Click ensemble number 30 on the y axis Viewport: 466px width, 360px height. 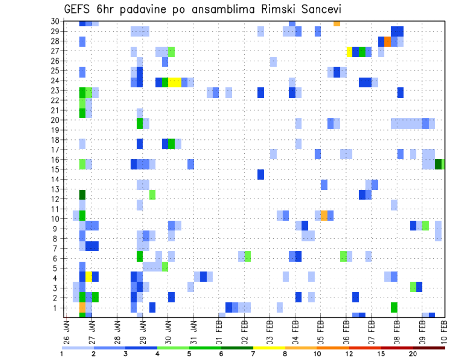click(x=57, y=21)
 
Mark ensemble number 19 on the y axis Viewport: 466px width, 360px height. click(x=57, y=130)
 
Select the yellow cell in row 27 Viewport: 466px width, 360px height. click(x=349, y=51)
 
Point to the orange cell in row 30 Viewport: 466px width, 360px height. click(x=337, y=23)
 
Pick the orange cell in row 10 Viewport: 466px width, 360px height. click(x=324, y=215)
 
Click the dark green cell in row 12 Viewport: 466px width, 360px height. click(x=83, y=195)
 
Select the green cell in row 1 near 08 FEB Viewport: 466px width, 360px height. click(x=394, y=308)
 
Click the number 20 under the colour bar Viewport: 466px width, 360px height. click(x=413, y=353)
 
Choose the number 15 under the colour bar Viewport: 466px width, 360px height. click(x=382, y=353)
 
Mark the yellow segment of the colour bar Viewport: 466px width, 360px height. click(x=269, y=347)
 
